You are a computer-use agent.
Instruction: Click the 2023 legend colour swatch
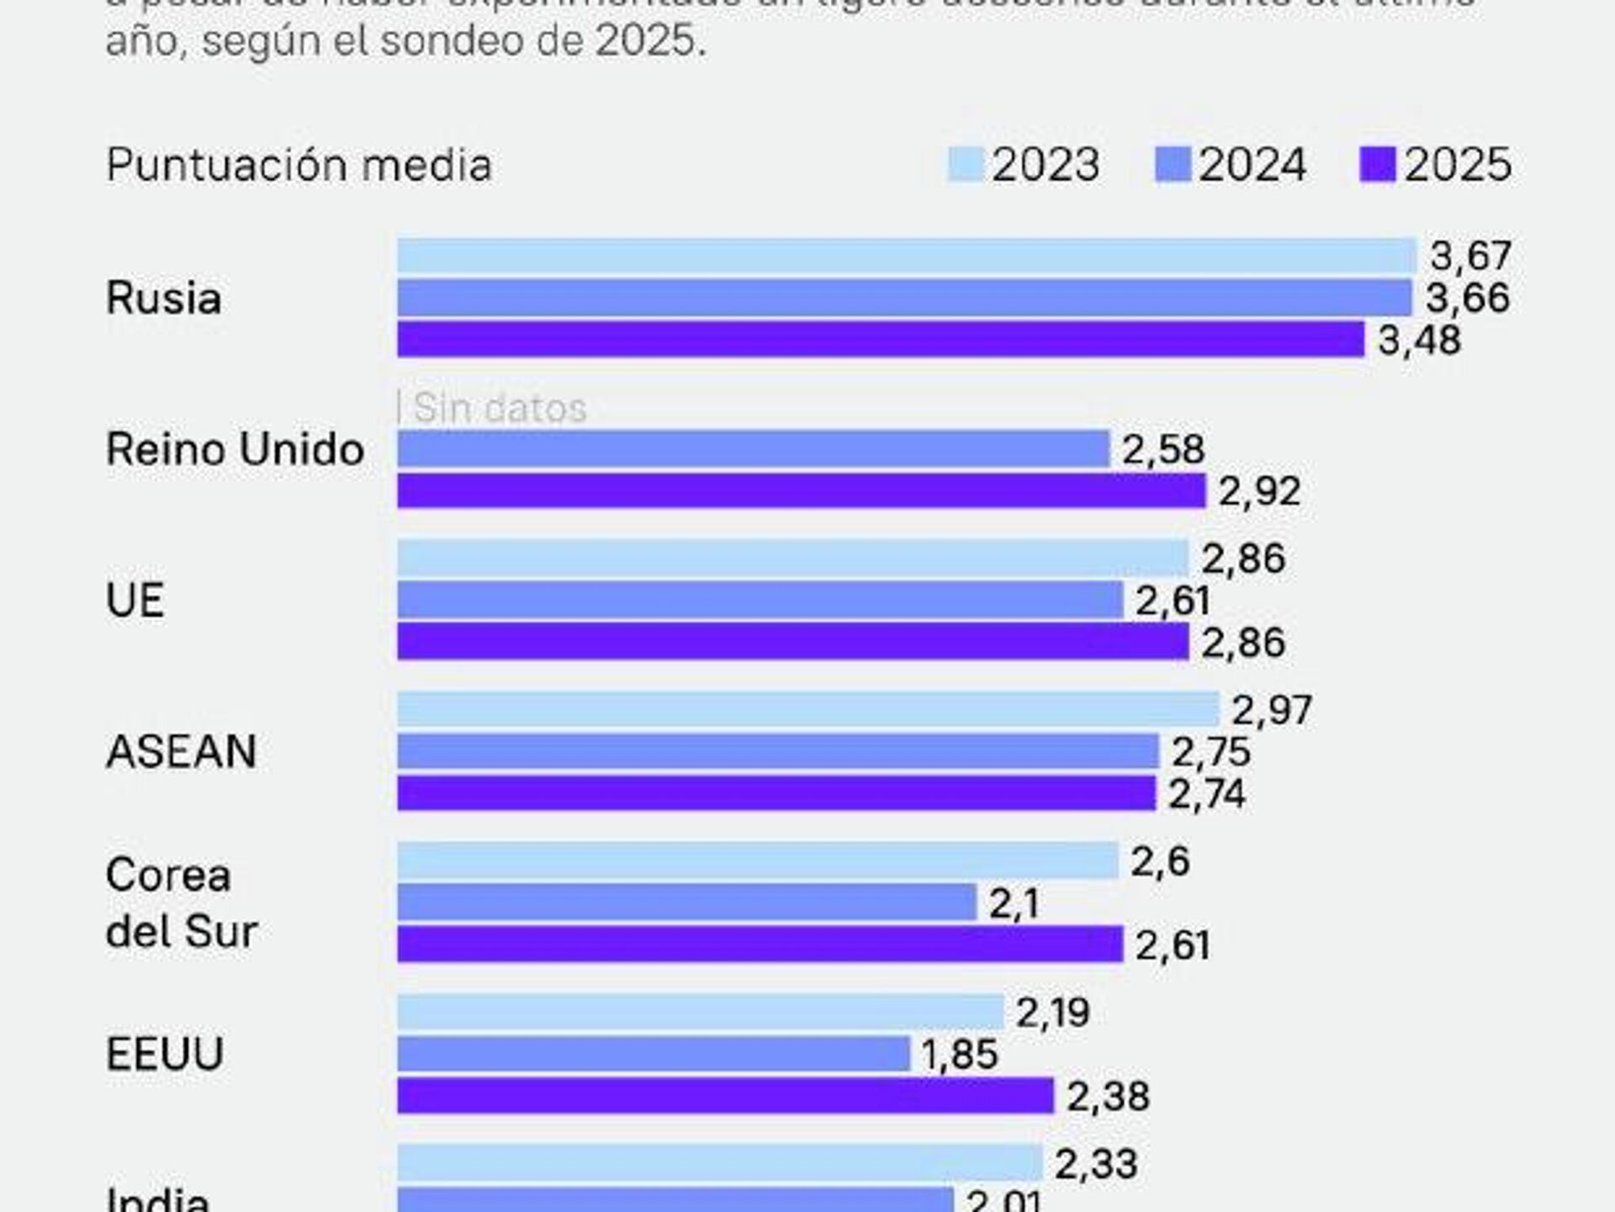[x=965, y=164]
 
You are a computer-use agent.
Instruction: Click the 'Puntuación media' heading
[x=299, y=165]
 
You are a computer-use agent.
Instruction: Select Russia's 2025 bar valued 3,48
[x=880, y=340]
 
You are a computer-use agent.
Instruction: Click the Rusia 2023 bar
[x=906, y=256]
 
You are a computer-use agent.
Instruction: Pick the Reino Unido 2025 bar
[x=801, y=491]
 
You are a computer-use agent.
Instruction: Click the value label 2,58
[x=1163, y=450]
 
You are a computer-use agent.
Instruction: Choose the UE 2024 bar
[x=760, y=601]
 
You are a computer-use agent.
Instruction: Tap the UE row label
[x=135, y=601]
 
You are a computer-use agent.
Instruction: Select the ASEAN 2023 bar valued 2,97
[x=807, y=709]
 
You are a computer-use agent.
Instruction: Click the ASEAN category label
[x=181, y=751]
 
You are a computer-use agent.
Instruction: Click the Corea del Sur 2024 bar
[x=686, y=902]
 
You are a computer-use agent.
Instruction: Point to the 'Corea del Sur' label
[x=181, y=903]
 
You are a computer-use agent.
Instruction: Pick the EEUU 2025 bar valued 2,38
[x=725, y=1096]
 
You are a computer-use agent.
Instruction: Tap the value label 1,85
[x=960, y=1055]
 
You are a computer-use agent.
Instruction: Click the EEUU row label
[x=165, y=1054]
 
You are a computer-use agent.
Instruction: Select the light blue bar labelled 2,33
[x=719, y=1163]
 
